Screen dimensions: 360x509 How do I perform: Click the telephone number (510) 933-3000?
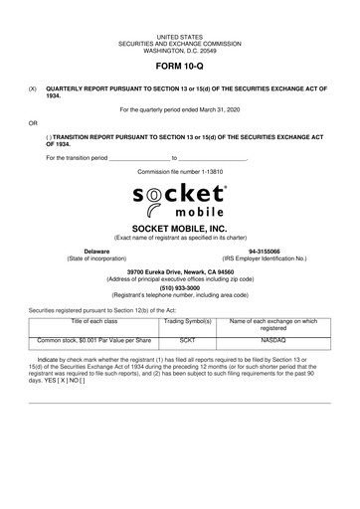(x=180, y=287)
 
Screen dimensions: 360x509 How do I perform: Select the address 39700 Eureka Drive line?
(x=180, y=270)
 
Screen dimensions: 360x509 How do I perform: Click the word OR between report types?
(x=33, y=124)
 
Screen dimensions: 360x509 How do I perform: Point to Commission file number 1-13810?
(x=180, y=171)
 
